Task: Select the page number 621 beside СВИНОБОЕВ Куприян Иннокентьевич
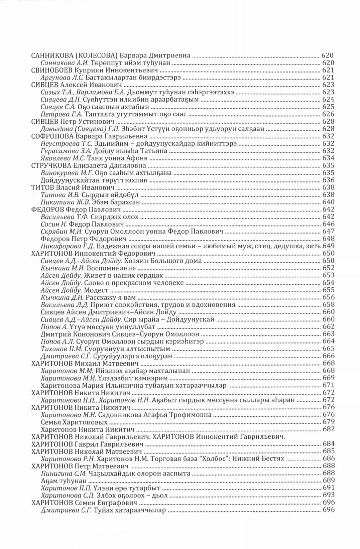pyautogui.click(x=328, y=70)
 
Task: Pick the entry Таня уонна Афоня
pyautogui.click(x=113, y=158)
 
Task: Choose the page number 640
pyautogui.click(x=328, y=202)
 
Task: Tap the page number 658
pyautogui.click(x=328, y=305)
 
